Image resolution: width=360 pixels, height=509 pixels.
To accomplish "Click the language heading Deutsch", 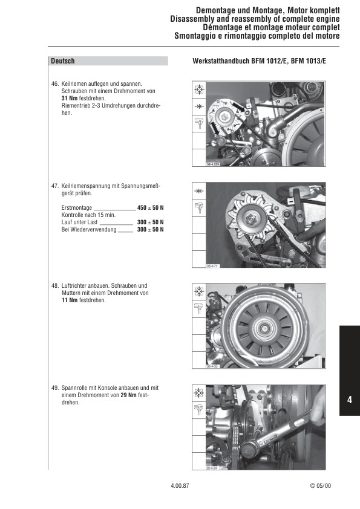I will pos(63,61).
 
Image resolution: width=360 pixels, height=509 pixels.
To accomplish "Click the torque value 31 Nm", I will pos(70,98).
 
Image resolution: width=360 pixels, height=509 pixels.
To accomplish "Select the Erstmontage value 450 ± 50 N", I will pos(151,207).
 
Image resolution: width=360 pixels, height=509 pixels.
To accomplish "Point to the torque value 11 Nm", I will pos(70,300).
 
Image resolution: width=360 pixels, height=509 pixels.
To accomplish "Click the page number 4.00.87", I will pos(180,485).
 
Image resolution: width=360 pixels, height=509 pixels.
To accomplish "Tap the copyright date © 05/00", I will pos(320,485).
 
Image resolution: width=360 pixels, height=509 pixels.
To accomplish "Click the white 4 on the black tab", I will pos(350,400).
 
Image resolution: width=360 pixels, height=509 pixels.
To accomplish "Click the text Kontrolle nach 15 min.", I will pos(88,215).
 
